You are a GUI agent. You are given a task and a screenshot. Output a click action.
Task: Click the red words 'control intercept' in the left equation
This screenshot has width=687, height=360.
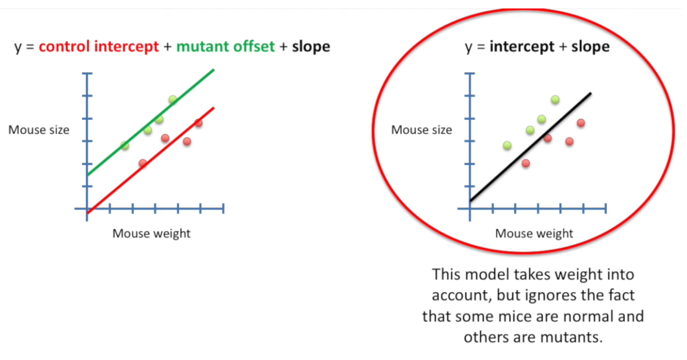pos(99,46)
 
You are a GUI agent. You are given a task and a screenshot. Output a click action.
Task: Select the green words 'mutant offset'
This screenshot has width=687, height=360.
pos(225,46)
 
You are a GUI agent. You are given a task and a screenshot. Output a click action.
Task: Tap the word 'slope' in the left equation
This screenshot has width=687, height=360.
pos(311,46)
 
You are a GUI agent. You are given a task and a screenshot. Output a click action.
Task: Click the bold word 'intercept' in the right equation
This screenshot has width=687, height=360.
pos(522,46)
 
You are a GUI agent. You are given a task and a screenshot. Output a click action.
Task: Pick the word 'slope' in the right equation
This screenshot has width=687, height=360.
pos(590,46)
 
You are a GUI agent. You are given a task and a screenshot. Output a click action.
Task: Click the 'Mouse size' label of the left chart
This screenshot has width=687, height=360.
pos(39,130)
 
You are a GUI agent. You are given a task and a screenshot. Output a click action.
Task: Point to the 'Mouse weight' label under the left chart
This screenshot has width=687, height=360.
pos(151,233)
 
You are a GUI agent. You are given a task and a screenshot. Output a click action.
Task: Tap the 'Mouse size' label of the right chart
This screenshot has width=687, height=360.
pos(422,130)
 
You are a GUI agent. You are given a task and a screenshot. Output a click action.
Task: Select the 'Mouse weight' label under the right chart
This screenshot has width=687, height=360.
pos(534,233)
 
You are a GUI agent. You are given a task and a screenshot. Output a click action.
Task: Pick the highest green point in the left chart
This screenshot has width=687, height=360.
pos(173,100)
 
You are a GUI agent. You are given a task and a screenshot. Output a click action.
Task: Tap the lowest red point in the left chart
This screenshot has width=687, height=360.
pos(142,163)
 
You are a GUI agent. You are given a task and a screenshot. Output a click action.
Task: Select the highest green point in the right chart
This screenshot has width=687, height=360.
pos(555,99)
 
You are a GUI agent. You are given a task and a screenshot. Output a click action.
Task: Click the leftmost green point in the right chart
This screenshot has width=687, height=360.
pos(507,145)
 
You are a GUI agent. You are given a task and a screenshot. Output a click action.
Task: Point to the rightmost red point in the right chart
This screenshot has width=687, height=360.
pos(581,123)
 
